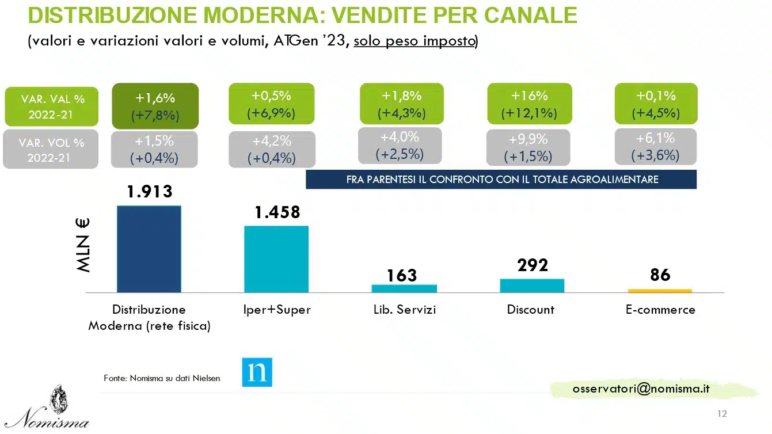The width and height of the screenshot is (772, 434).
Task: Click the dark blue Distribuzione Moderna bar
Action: tap(149, 249)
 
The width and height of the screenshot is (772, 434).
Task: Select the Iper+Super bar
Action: tap(276, 259)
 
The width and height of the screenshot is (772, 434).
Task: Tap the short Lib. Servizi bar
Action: tap(404, 288)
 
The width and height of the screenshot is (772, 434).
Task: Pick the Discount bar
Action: tap(532, 285)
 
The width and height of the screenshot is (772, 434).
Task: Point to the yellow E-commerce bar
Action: tap(659, 291)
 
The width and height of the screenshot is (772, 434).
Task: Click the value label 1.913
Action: tap(150, 192)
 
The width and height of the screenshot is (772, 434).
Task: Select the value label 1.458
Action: tap(277, 212)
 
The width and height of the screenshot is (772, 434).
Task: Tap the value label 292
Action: tap(532, 265)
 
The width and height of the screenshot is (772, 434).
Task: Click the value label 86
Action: tap(660, 275)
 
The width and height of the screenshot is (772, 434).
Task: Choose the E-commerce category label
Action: tap(660, 310)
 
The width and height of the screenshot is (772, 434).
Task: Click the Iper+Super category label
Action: tap(277, 310)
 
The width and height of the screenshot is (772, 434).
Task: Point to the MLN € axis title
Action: tap(83, 244)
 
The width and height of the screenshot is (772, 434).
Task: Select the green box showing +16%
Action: tap(529, 104)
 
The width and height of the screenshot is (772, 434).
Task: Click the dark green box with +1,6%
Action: tap(155, 106)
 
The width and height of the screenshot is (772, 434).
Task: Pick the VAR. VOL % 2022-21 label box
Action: tap(51, 150)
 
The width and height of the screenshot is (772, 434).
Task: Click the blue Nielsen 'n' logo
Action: tap(257, 372)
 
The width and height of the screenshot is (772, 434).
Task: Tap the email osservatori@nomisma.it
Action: tap(641, 389)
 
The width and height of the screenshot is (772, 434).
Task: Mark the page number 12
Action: tap(722, 414)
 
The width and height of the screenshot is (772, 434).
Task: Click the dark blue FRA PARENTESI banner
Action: tap(501, 179)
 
